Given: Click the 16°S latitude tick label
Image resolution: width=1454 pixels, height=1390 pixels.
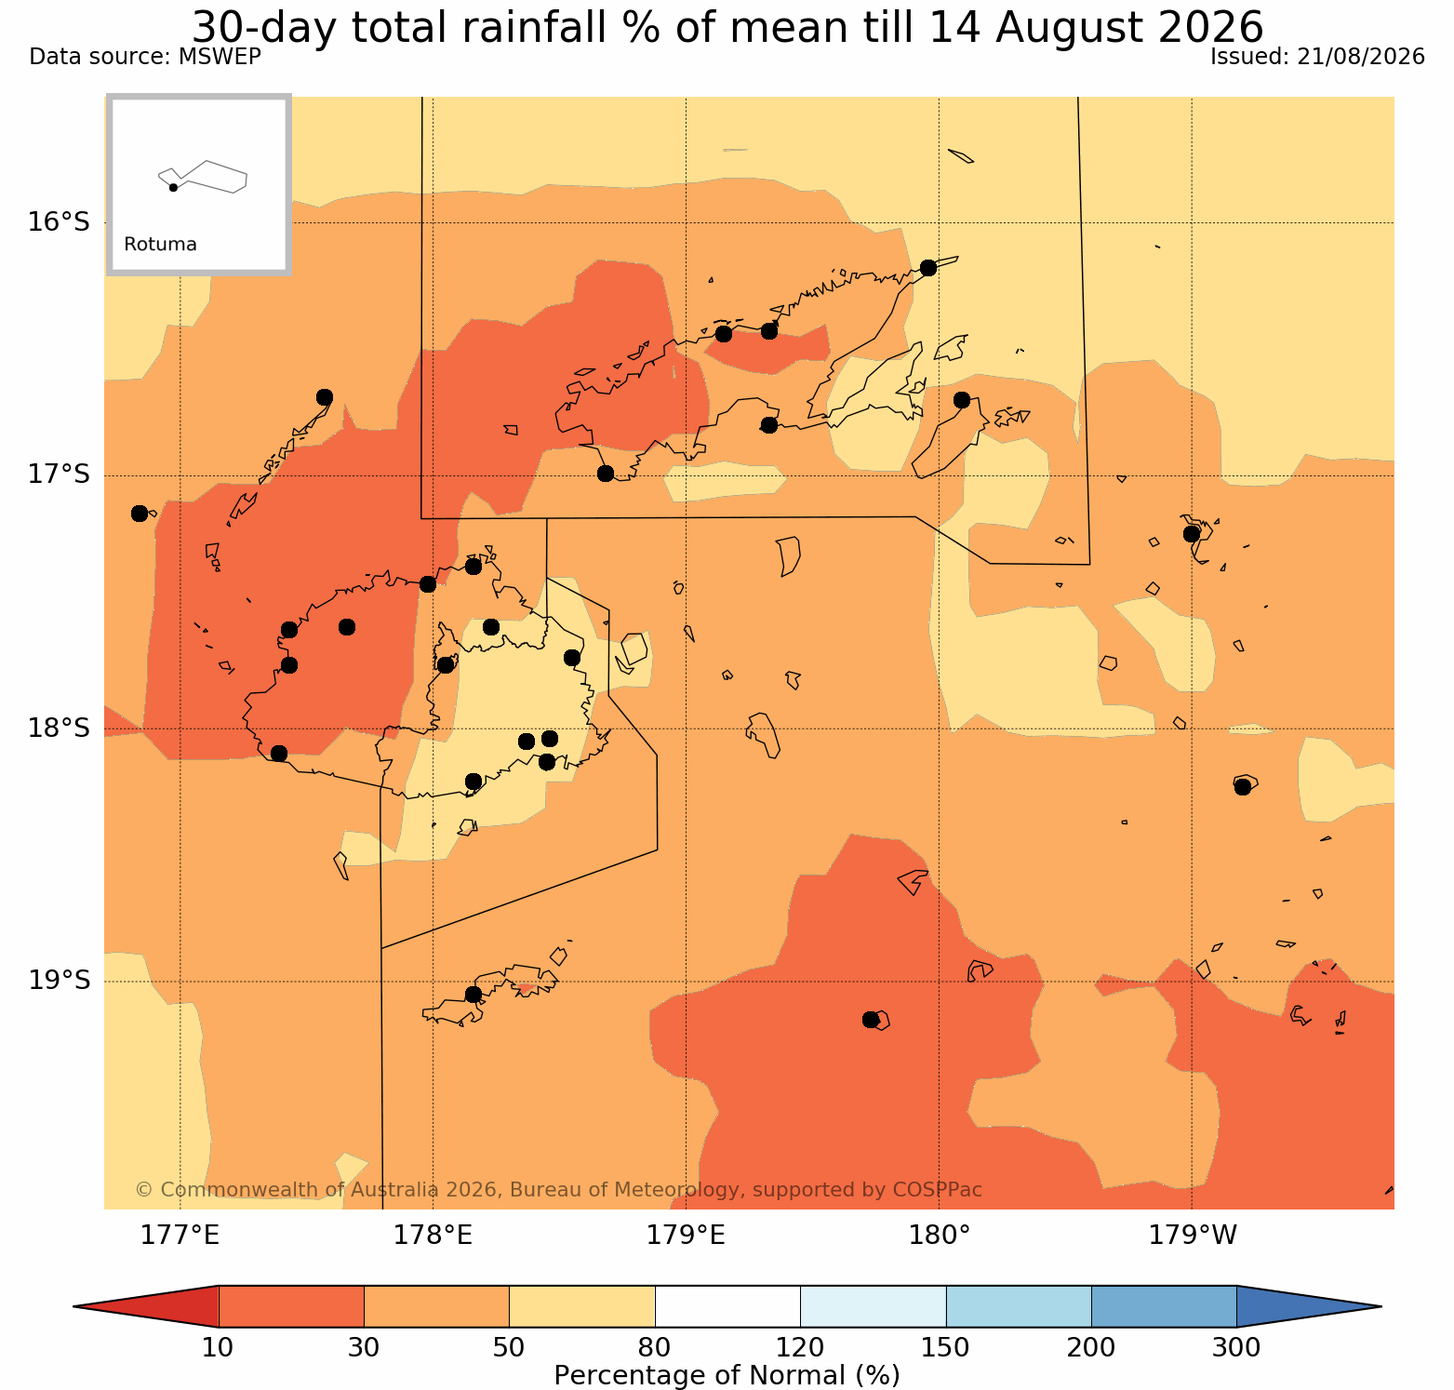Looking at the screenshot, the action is [59, 222].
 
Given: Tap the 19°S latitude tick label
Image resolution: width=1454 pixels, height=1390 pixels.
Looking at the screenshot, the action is [59, 981].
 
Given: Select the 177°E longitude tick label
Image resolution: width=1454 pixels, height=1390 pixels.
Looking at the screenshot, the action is [180, 1236].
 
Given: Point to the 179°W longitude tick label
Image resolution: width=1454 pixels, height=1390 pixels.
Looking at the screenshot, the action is [1194, 1236].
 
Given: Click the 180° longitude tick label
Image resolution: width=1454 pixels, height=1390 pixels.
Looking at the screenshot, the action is [939, 1236].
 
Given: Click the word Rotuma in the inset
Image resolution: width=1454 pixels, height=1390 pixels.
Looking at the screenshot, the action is [160, 245].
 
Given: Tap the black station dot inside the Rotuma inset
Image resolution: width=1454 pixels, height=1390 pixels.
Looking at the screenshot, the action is [173, 187].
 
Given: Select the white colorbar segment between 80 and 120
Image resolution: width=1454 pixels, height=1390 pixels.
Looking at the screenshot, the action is [727, 1306].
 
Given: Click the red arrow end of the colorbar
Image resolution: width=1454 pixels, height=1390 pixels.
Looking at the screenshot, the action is [146, 1306].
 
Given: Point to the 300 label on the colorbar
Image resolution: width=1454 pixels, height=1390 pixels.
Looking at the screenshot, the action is [1236, 1347].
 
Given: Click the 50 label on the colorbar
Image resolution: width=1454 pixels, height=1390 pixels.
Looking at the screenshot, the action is [509, 1347].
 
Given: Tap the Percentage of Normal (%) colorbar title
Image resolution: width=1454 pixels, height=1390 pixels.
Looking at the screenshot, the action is [727, 1375].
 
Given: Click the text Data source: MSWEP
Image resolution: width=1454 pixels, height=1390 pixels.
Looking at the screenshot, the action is [145, 57].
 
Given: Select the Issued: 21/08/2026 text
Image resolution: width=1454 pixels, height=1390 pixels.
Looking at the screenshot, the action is [1317, 57].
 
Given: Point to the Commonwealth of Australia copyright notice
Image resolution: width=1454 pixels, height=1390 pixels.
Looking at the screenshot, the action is [558, 1190].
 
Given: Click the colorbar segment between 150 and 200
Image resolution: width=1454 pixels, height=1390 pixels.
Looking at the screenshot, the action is [1019, 1306].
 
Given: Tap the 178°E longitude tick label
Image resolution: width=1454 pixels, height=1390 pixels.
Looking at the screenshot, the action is [433, 1236].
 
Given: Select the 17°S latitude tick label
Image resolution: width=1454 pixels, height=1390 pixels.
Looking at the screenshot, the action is [59, 474].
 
